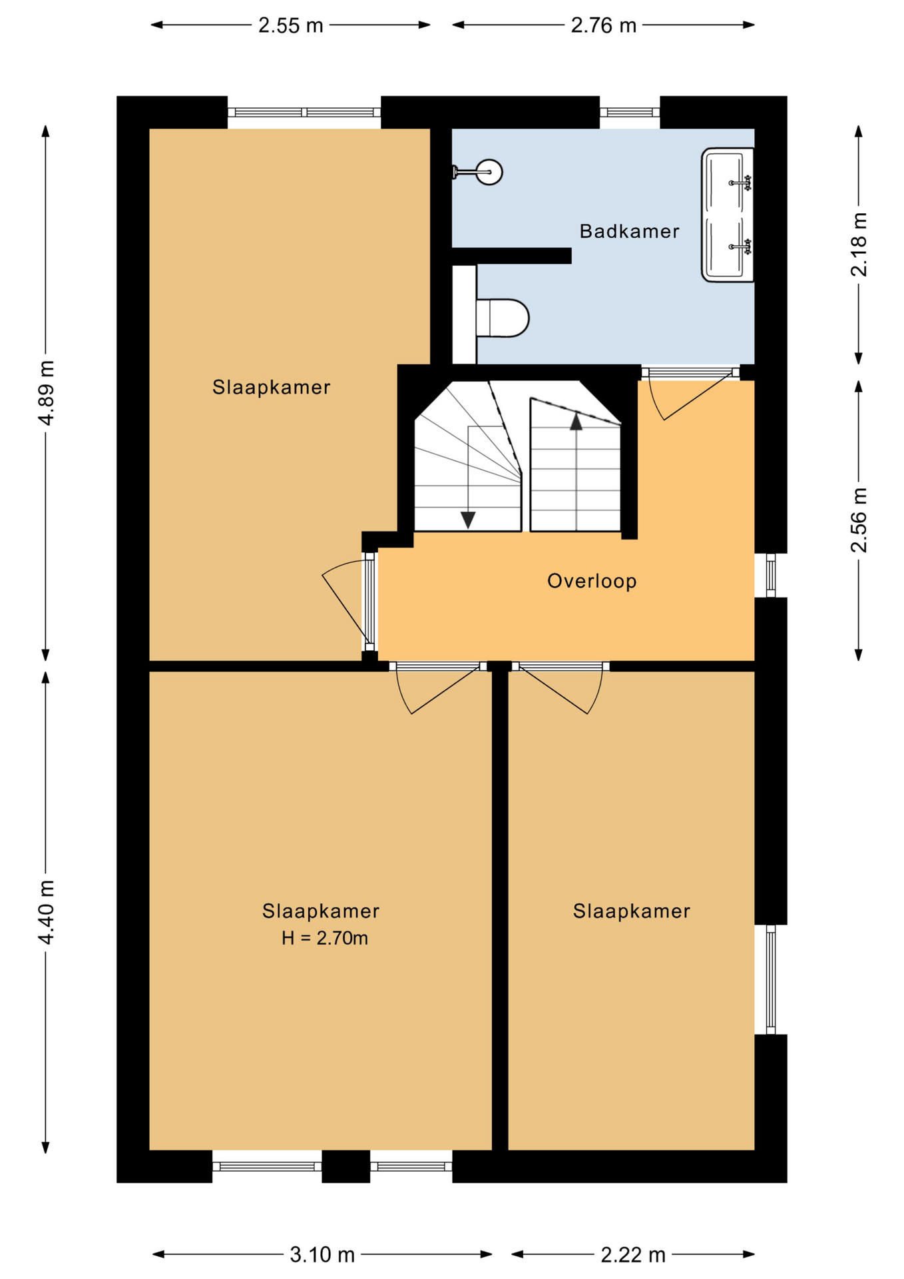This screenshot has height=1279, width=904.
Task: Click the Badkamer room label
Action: click(x=629, y=231)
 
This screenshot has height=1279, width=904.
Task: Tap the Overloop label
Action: click(x=592, y=581)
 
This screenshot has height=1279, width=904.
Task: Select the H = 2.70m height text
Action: click(x=324, y=938)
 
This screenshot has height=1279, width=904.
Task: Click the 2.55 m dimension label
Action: click(x=291, y=25)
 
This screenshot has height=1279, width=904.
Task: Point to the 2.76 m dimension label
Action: click(x=604, y=25)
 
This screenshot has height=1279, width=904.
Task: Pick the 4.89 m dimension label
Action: click(x=46, y=392)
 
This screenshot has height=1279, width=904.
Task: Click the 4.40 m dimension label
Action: click(x=46, y=912)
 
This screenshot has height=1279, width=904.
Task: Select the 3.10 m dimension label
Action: click(x=322, y=1255)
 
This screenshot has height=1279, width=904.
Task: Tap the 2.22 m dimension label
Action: click(x=633, y=1255)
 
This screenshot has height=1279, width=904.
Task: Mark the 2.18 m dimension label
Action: click(x=859, y=244)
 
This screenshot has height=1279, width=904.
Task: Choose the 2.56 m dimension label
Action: click(x=859, y=520)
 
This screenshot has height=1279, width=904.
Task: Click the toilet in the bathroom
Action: click(x=503, y=318)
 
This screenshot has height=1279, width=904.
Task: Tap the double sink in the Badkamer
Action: click(x=728, y=214)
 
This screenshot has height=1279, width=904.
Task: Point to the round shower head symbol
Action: click(x=489, y=173)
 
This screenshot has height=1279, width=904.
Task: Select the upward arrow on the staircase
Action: click(x=576, y=422)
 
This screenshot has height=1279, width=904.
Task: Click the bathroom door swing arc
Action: click(x=656, y=402)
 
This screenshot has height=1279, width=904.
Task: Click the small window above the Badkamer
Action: click(x=630, y=113)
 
